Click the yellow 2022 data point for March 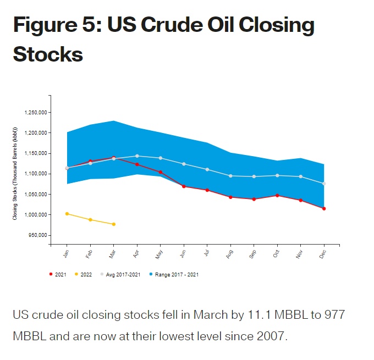(113, 224)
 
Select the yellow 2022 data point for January (67, 214)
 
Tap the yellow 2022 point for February (90, 220)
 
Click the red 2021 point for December (324, 208)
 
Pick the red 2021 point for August (230, 197)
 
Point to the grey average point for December (324, 184)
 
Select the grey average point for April (137, 156)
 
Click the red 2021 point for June (184, 186)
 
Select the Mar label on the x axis (112, 254)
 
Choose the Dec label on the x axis (323, 254)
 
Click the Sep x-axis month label (252, 254)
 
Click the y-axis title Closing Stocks (15, 173)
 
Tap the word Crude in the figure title (178, 26)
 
